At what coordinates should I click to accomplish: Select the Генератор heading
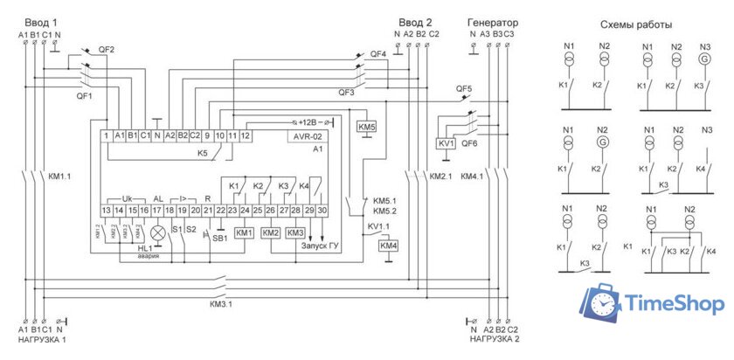[x=493, y=22]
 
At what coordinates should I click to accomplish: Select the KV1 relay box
[x=446, y=143]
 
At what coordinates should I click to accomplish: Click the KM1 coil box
[x=244, y=233]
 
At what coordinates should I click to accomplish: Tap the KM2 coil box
[x=270, y=233]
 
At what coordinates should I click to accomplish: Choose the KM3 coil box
[x=295, y=233]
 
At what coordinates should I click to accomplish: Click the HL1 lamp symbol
[x=158, y=233]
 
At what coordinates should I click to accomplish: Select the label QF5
[x=464, y=89]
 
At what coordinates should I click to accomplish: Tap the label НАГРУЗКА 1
[x=40, y=339]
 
